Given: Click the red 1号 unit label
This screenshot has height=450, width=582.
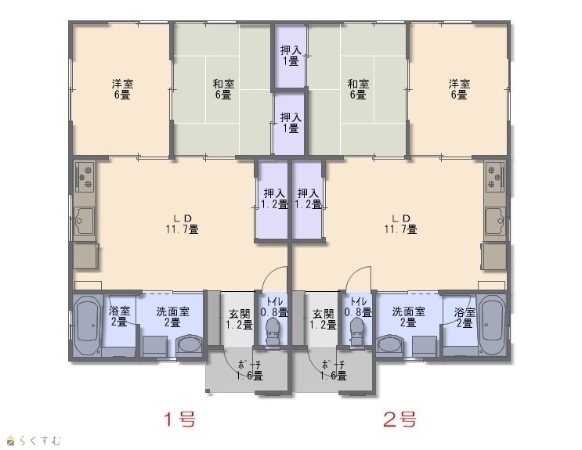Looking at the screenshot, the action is (179, 419).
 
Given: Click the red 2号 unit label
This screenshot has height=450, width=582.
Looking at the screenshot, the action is (399, 419).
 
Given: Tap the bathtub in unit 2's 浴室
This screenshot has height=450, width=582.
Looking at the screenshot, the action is (492, 326).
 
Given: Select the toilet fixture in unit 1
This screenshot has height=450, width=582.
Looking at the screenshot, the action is (273, 330).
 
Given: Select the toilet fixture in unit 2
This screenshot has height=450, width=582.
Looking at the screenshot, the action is (358, 330).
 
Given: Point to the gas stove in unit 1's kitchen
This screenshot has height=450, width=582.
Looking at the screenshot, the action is (85, 177).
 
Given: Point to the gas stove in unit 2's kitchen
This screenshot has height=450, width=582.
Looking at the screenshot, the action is (495, 177).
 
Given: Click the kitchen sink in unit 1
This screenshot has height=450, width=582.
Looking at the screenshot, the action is (85, 221).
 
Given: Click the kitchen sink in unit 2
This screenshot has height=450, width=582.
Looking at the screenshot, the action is (496, 221).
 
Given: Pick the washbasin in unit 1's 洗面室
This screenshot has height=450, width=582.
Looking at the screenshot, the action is (190, 345).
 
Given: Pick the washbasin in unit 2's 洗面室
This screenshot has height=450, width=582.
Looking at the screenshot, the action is (390, 345).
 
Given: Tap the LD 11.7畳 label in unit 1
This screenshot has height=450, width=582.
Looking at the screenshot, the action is (183, 224).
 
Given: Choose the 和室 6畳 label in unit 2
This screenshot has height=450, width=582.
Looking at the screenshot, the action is (358, 89).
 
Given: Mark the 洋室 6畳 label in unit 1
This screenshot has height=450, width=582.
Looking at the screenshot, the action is (122, 89).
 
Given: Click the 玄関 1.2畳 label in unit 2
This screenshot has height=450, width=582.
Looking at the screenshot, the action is (324, 319).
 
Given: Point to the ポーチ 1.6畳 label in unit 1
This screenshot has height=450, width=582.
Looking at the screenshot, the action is (249, 370).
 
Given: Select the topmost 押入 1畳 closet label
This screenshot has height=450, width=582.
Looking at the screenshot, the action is (291, 56).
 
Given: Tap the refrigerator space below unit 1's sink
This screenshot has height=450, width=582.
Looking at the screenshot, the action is (85, 256).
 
